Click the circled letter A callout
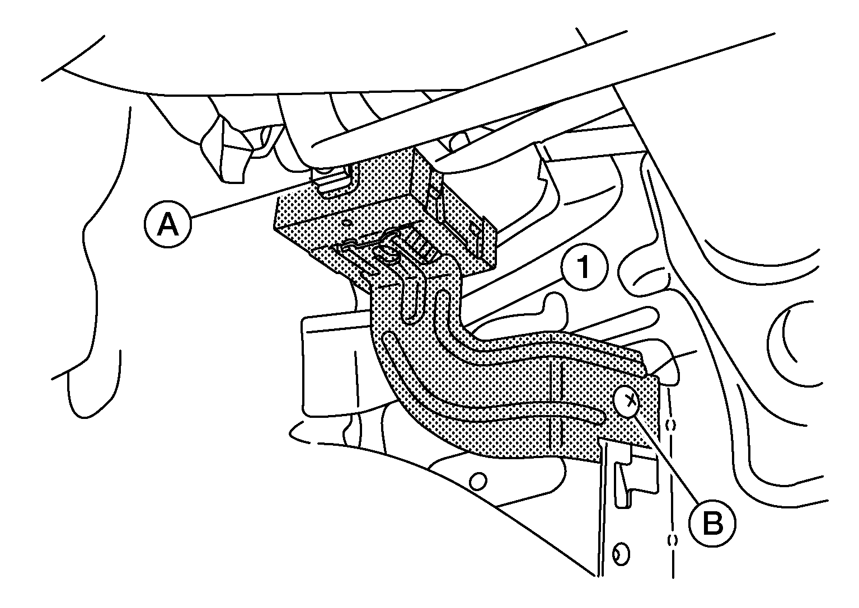pos(168,225)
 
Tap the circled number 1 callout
pos(584,269)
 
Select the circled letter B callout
pos(712,523)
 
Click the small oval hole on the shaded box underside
pos(348,223)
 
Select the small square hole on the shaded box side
pos(476,229)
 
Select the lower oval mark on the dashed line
pos(672,540)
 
